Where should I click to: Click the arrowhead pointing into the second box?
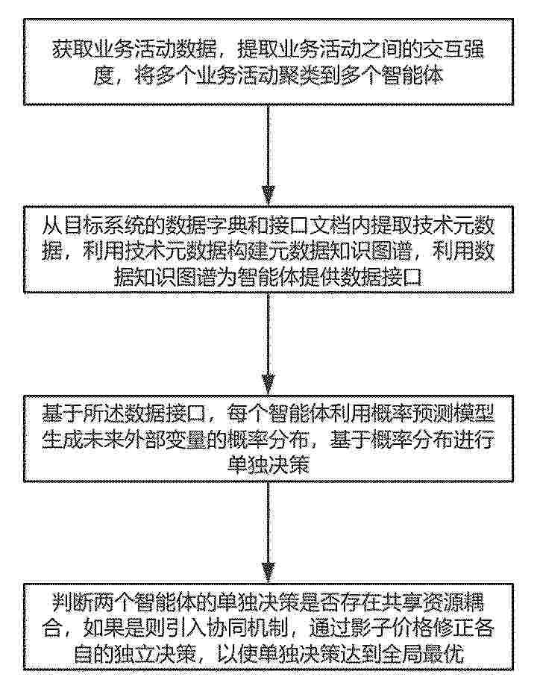coord(268,196)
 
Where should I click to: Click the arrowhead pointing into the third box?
coord(268,384)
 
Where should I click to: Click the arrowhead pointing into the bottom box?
coord(268,573)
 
